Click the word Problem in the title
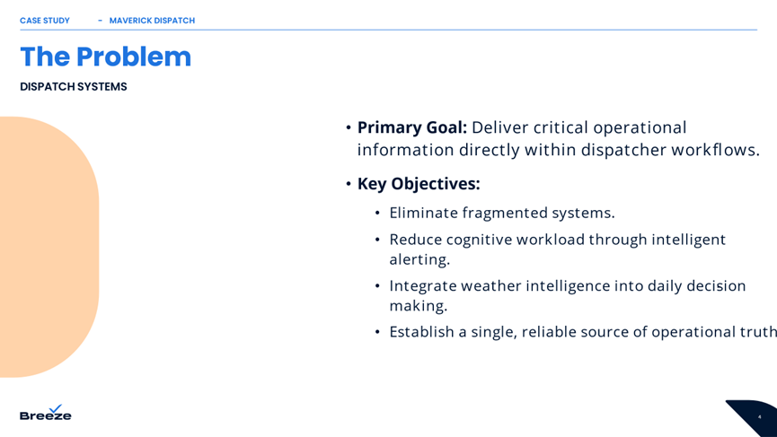(x=133, y=57)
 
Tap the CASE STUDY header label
(x=45, y=21)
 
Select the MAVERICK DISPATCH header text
(x=152, y=21)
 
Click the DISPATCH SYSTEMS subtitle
(x=74, y=87)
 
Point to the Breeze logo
(x=46, y=412)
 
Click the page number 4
(x=759, y=417)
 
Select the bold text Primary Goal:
(x=412, y=127)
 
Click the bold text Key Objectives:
(x=419, y=184)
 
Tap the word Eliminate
(x=424, y=213)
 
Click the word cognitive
(x=479, y=240)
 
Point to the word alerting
(x=419, y=259)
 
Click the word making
(x=419, y=306)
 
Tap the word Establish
(x=421, y=332)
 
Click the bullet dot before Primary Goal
(x=349, y=127)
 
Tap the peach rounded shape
(x=47, y=247)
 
